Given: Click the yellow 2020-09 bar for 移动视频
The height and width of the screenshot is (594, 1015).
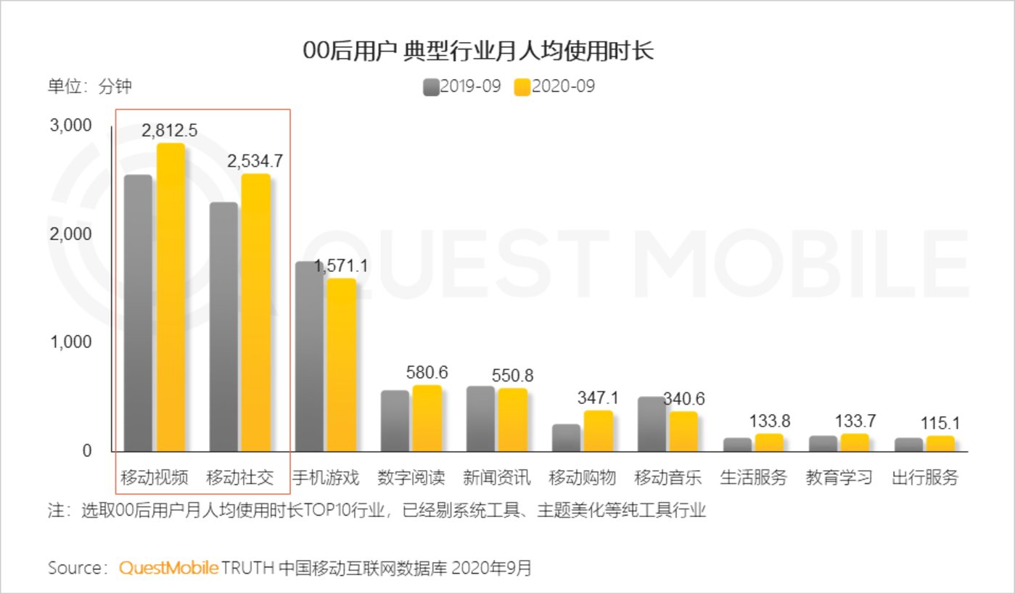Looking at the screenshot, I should point(170,297).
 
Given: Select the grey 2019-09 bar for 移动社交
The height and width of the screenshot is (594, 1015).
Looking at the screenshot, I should point(223,326).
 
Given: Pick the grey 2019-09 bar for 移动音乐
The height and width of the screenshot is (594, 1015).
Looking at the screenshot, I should point(652,424).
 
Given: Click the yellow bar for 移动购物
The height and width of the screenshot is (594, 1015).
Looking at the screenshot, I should point(599,431).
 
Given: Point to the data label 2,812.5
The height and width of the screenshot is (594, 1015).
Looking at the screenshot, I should point(170,131).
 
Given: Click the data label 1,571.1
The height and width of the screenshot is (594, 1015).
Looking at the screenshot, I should point(340,266).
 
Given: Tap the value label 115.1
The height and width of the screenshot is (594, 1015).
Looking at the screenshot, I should point(940,424).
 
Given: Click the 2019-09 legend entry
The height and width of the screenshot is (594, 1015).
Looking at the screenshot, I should point(462,87).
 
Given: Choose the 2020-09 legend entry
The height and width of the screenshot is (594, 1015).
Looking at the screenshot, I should point(554,87).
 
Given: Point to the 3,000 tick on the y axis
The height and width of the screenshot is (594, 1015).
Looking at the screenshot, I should point(70,125).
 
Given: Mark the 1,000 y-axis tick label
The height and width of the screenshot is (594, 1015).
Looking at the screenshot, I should point(70,342).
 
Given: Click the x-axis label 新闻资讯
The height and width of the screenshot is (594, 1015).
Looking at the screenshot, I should point(497,478).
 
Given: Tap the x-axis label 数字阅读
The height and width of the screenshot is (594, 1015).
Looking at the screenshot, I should point(411,478).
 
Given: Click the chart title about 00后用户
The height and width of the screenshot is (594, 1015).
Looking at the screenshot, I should point(478,52).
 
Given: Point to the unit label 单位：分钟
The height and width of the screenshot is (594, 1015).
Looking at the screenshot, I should point(90,87).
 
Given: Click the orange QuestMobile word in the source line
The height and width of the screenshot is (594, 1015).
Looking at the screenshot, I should point(168,568).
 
